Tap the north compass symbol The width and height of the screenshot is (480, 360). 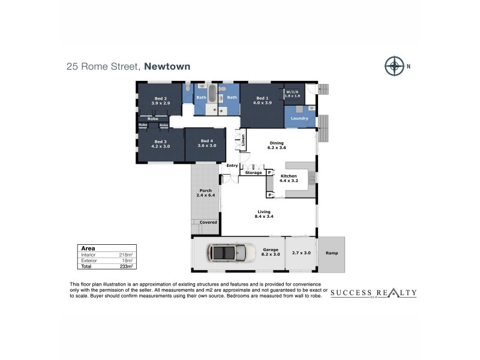pos(394,65)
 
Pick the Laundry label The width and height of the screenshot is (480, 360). pos(299,118)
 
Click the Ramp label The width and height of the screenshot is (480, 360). pos(331,253)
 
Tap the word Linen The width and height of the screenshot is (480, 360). pos(243,140)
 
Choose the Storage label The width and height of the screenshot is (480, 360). pos(253,173)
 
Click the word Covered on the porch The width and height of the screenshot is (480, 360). pos(208,222)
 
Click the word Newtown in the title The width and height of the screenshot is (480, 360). pos(167,67)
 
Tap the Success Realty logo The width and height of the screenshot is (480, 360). pos(373,293)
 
